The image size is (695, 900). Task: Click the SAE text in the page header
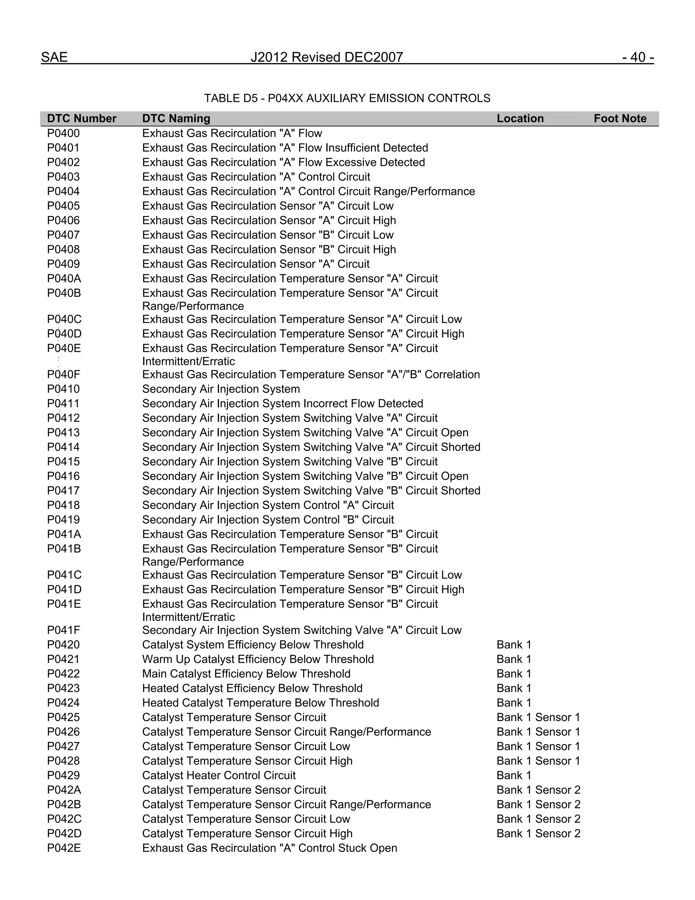tap(54, 57)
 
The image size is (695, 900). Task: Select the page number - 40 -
tap(638, 57)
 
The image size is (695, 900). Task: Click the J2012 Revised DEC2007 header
tap(327, 57)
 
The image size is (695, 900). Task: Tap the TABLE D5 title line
tap(347, 98)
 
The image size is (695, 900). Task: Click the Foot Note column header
tap(620, 119)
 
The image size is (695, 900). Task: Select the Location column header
tap(520, 119)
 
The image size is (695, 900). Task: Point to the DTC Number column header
tap(81, 119)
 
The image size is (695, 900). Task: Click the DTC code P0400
tap(63, 133)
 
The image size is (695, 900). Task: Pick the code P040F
tap(63, 375)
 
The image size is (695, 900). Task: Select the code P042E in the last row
tap(64, 848)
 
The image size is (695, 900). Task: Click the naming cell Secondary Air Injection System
tap(221, 389)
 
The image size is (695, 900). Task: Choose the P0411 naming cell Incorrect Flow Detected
tap(282, 403)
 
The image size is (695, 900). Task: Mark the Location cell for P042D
tap(538, 833)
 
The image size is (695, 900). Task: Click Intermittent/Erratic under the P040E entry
tap(189, 361)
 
